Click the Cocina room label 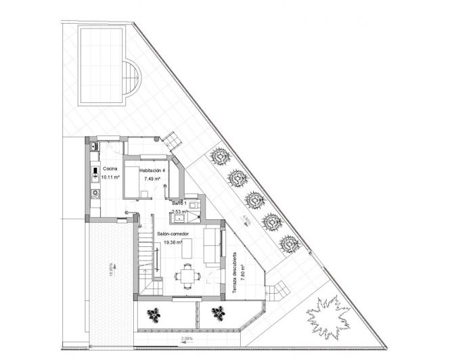(x=110, y=168)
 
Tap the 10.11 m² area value (x=110, y=177)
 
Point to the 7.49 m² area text (x=153, y=179)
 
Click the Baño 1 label (x=179, y=203)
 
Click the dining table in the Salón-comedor (x=187, y=275)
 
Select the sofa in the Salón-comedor (x=211, y=245)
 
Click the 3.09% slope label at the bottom (x=187, y=338)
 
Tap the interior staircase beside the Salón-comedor (x=147, y=256)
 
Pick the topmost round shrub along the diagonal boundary (x=220, y=156)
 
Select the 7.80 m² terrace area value (x=242, y=265)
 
